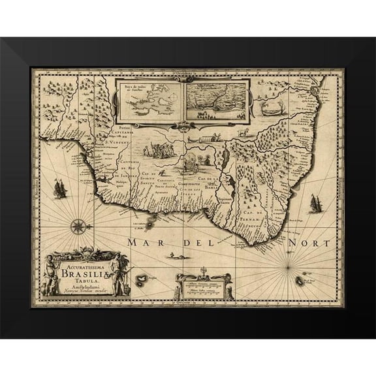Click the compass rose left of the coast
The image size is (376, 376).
[77, 227]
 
